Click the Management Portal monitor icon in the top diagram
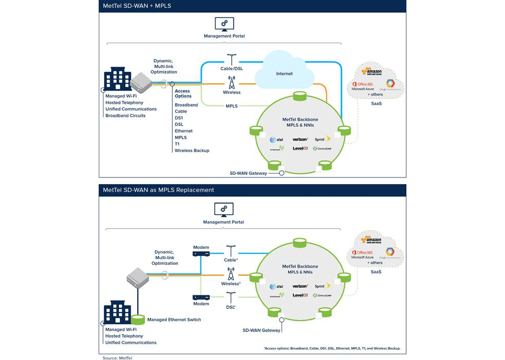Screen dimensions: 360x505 click(224, 24)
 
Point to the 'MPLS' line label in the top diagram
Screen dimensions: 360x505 click(231, 106)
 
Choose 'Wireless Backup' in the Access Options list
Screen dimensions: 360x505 click(192, 151)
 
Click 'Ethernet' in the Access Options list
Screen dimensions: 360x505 click(184, 131)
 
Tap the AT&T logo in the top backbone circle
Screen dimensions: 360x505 click(276, 140)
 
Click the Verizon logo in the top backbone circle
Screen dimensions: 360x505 click(300, 139)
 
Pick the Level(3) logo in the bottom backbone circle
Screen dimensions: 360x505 click(300, 295)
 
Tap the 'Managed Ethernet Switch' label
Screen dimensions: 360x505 click(174, 320)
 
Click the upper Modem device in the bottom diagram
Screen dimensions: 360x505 click(201, 254)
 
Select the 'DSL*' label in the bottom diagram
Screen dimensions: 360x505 click(231, 307)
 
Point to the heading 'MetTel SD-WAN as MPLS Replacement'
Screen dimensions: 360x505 click(158, 190)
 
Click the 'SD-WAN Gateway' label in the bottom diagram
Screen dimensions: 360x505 click(261, 330)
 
